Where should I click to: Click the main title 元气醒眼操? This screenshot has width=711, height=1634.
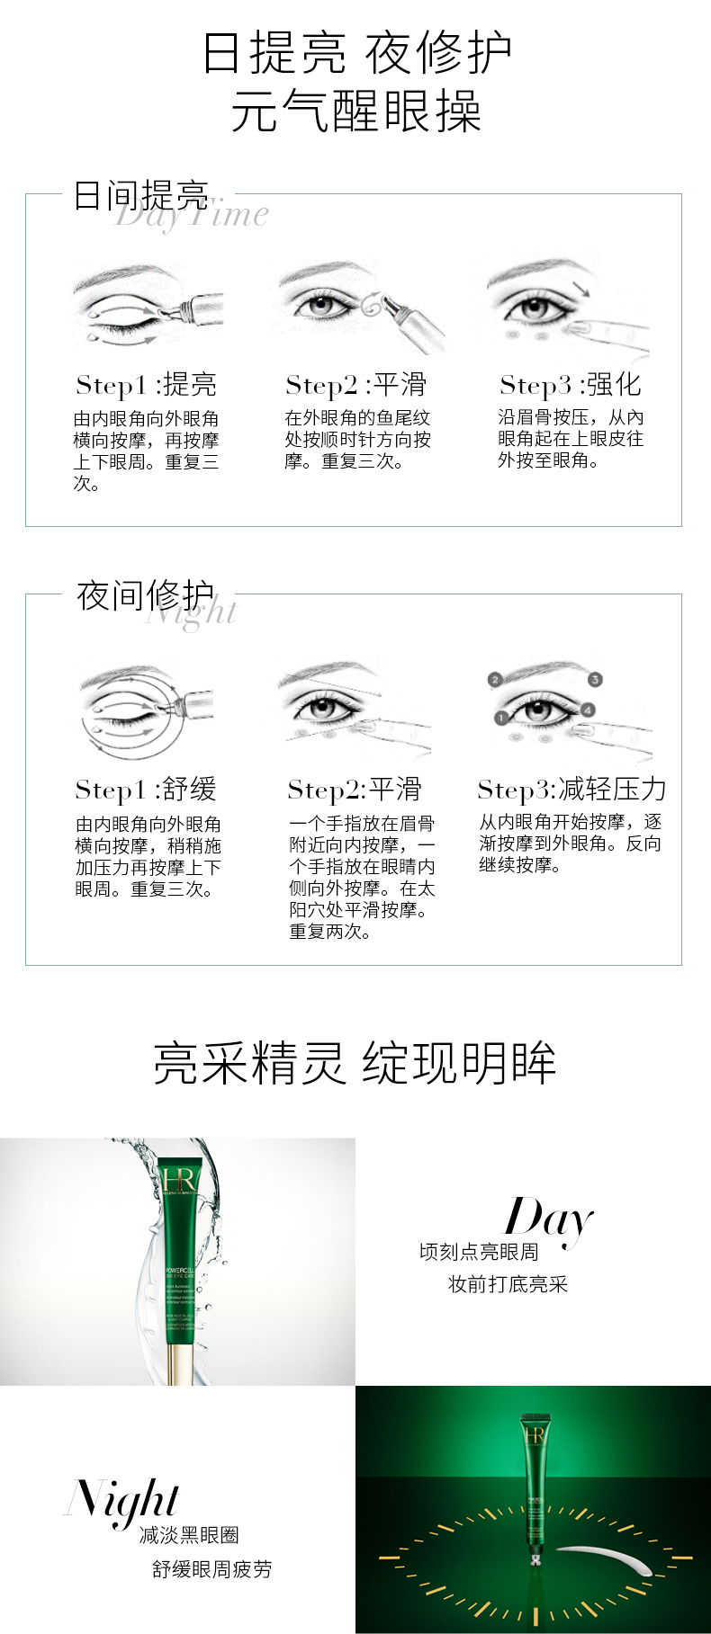pos(355,112)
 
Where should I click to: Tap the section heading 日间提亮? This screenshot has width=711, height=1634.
pos(140,194)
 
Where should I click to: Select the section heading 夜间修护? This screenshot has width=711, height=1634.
pos(145,594)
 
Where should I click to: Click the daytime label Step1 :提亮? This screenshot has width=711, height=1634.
pos(146,385)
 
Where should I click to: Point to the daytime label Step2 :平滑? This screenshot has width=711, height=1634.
pos(355,385)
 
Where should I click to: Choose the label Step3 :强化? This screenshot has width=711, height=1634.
pos(570,385)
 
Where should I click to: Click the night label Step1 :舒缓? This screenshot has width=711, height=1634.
pos(146,790)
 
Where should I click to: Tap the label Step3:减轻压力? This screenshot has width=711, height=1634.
pos(571,790)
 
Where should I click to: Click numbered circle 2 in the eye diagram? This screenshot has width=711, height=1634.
pos(494,680)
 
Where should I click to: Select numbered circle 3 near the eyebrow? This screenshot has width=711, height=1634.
pos(595,679)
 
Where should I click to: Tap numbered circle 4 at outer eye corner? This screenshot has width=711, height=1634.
pos(589,710)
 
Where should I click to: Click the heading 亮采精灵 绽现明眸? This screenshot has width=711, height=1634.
pos(355,1063)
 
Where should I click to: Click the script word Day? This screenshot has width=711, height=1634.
pos(548,1219)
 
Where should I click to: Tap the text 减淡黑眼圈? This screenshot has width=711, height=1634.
pos(189,1535)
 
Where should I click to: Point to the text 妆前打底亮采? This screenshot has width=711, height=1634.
pos(508,1284)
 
